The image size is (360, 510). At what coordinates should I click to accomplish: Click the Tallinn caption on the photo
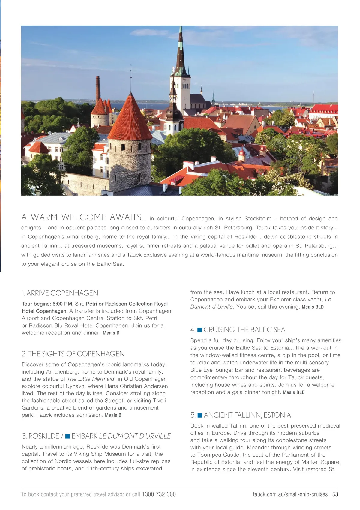34,187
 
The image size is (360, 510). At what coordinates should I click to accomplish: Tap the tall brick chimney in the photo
97,89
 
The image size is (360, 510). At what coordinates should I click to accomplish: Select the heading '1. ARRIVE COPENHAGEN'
60,293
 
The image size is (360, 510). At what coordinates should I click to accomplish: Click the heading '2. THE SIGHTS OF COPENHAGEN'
73,354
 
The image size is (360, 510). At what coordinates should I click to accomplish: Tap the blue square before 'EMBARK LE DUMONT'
67,436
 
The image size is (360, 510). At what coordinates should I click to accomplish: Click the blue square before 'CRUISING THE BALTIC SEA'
199,330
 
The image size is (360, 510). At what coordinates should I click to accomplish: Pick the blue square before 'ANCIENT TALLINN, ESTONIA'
200,415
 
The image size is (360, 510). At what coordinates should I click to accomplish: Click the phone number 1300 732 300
159,494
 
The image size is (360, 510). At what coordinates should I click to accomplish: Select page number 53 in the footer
335,494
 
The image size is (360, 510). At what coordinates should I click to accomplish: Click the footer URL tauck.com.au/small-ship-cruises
290,494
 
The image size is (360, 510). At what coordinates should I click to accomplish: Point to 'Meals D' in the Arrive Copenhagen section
111,333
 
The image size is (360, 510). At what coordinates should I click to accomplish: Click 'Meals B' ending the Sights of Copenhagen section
113,415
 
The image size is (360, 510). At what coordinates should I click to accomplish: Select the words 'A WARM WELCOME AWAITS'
81,217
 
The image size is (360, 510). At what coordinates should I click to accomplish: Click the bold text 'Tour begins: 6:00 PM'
46,304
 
